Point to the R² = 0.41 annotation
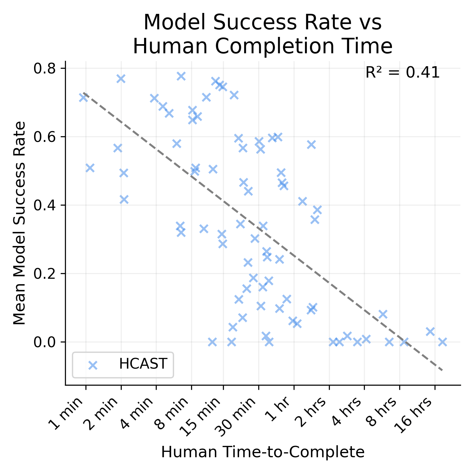[402, 73]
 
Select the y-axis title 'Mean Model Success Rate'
[20, 223]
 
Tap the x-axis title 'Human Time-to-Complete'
[263, 452]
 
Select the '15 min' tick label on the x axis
[202, 417]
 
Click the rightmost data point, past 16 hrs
[442, 342]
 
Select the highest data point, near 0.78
[181, 76]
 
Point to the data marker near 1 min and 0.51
[90, 168]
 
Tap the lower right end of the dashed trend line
[442, 370]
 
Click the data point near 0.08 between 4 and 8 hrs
[382, 314]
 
